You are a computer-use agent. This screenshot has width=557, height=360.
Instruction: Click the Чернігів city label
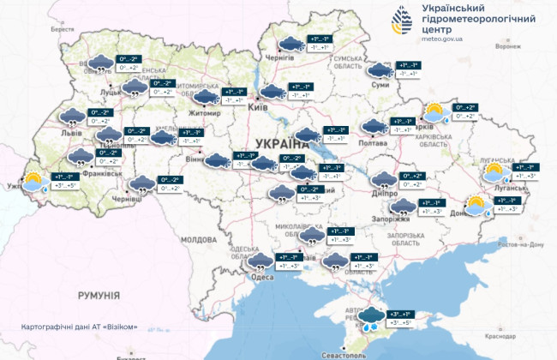click(x=280, y=57)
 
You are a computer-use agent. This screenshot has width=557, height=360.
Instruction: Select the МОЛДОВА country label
click(x=199, y=239)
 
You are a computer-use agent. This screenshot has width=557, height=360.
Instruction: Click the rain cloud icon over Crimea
click(x=372, y=320)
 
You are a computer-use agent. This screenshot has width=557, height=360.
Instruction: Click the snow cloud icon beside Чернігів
click(x=291, y=44)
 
